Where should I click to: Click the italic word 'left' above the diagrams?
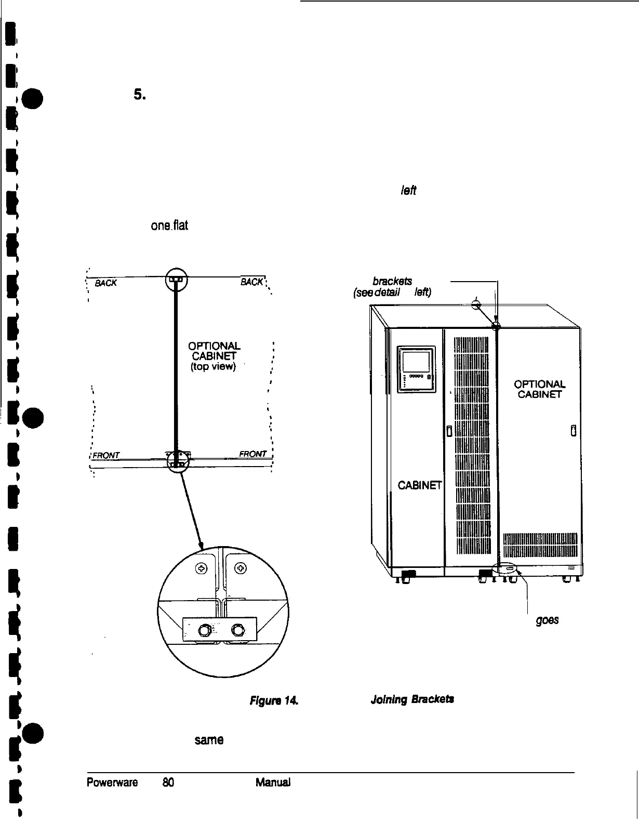(x=408, y=191)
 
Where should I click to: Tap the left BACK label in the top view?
(x=107, y=283)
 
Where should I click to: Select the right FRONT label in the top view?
(x=253, y=454)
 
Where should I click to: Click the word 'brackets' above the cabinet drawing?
(x=396, y=281)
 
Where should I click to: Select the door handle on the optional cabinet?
(x=573, y=431)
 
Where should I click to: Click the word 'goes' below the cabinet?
(x=548, y=621)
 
